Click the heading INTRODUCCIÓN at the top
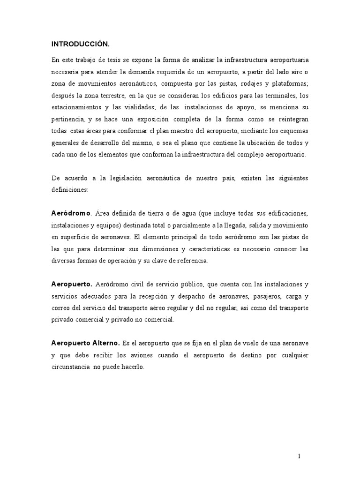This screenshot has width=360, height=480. click(80, 44)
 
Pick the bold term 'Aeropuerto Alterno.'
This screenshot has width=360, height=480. click(86, 344)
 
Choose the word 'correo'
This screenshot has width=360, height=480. click(62, 308)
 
